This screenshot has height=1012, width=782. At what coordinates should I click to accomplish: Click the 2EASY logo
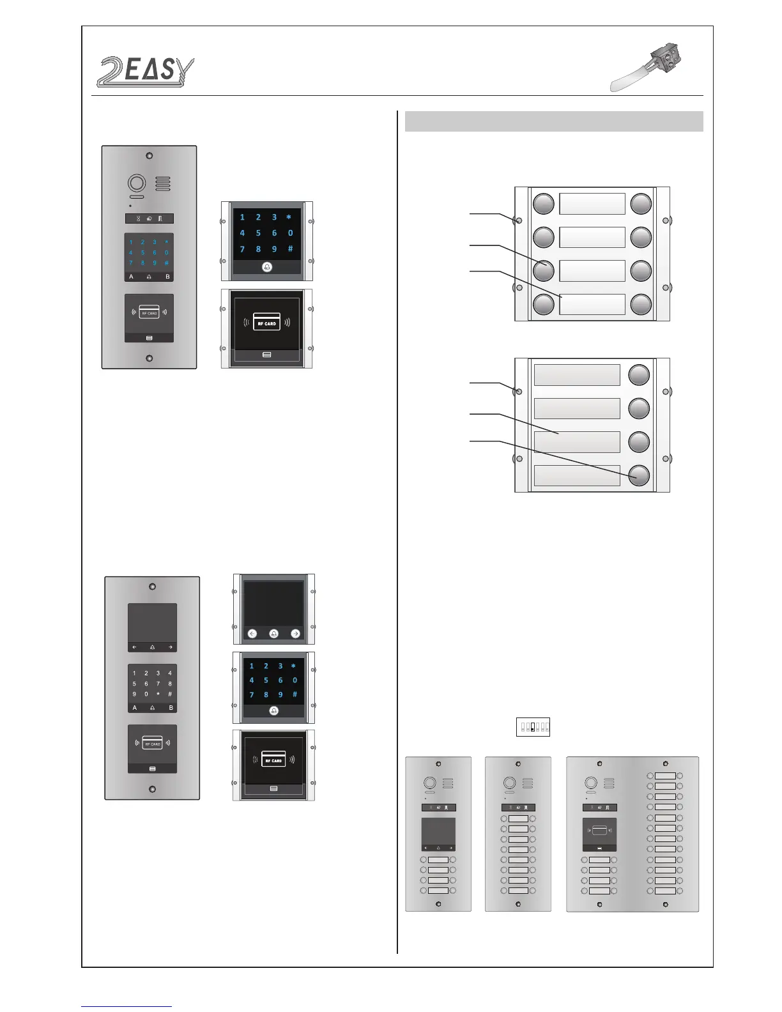(146, 72)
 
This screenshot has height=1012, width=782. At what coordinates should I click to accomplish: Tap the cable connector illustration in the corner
(647, 68)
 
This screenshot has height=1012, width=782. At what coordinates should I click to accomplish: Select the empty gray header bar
(554, 121)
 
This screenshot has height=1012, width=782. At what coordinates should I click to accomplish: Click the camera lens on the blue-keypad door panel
(137, 184)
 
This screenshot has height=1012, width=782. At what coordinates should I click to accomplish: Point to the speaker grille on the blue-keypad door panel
(163, 184)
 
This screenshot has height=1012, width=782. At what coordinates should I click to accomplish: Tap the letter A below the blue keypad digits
(132, 277)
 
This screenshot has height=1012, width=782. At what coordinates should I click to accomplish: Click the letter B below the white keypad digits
(171, 708)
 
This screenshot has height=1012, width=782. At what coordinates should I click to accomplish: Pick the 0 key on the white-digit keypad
(146, 694)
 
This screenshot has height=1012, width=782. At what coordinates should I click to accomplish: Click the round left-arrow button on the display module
(252, 634)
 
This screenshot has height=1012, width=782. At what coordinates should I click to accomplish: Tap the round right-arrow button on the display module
(295, 634)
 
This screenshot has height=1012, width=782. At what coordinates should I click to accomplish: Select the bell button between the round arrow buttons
(273, 634)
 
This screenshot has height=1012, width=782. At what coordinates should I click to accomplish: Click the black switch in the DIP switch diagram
(532, 727)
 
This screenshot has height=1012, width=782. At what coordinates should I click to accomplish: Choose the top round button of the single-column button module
(639, 375)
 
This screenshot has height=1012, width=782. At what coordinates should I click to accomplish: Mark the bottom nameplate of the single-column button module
(577, 475)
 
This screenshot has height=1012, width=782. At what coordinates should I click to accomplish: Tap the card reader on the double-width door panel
(599, 833)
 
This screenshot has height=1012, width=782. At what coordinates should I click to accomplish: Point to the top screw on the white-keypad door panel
(152, 586)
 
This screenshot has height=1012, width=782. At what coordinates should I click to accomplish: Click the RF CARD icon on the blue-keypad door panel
(149, 314)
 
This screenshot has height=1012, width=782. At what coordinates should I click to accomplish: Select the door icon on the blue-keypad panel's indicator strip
(160, 218)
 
